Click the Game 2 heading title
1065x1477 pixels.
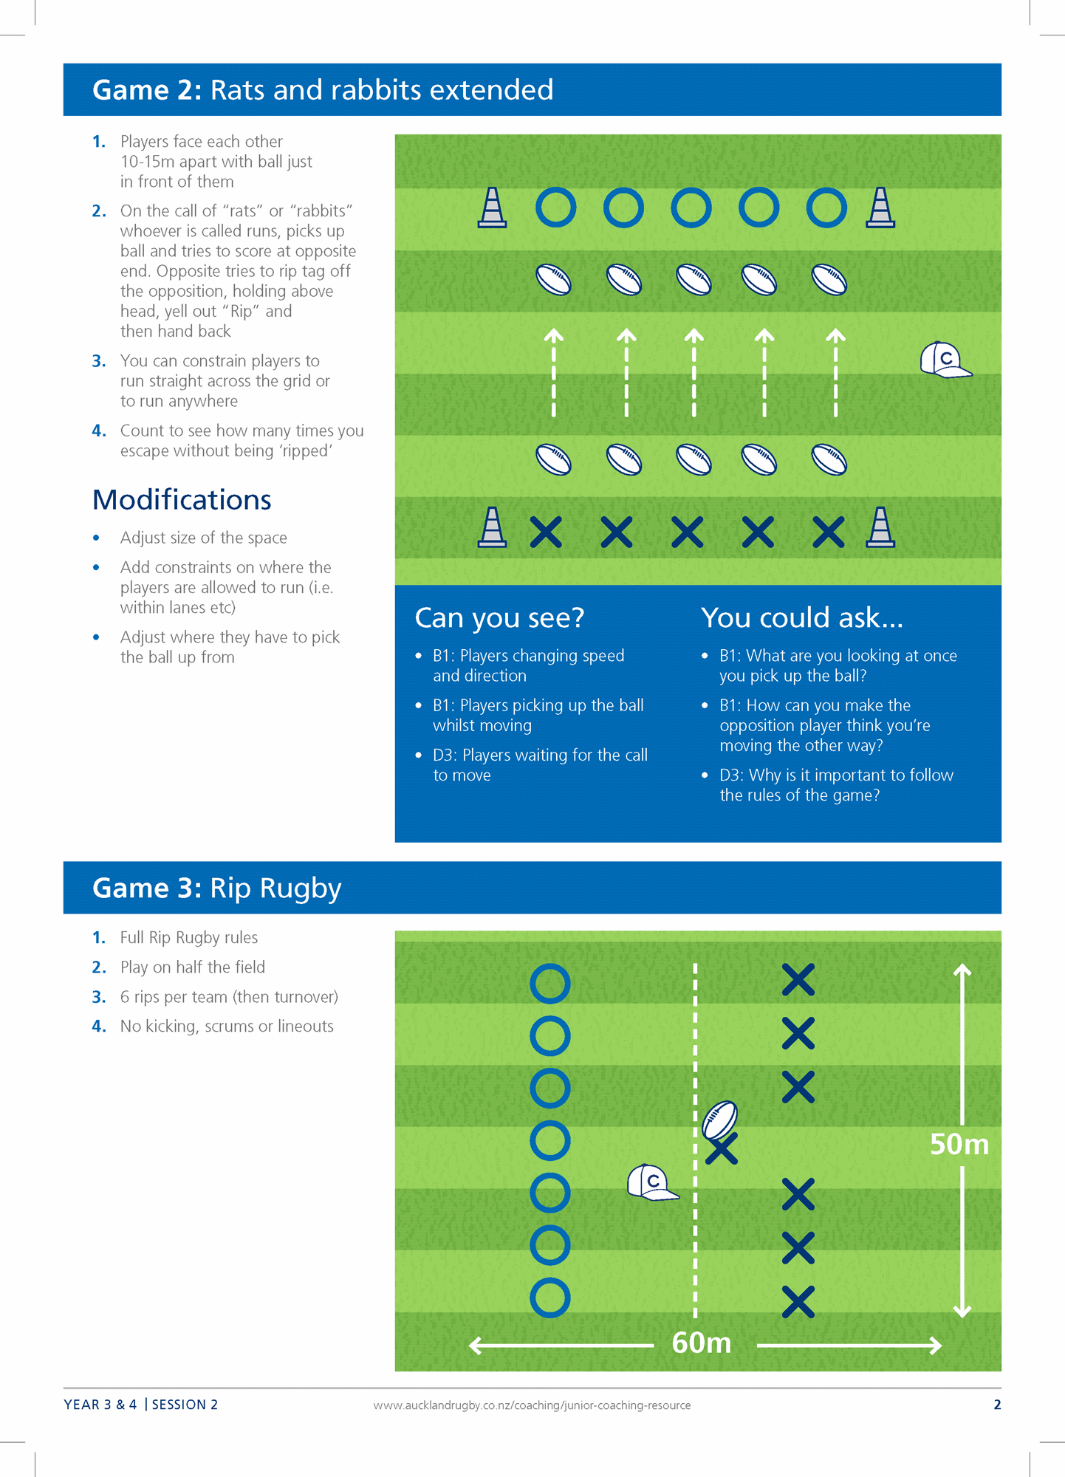tap(323, 90)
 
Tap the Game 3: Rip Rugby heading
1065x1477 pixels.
tap(216, 888)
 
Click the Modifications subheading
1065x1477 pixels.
tap(182, 500)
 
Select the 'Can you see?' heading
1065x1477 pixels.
tap(499, 617)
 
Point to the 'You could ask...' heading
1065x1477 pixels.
tap(801, 617)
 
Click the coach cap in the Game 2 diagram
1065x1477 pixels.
tap(944, 360)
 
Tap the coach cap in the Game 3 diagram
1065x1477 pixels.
tap(651, 1182)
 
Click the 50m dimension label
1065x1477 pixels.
tap(959, 1144)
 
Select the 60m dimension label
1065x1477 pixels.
tap(701, 1343)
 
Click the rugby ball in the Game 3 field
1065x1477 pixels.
tap(720, 1120)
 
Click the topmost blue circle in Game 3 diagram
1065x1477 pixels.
tap(550, 984)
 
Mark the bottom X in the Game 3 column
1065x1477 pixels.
tap(798, 1302)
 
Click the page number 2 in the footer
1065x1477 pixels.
tap(997, 1405)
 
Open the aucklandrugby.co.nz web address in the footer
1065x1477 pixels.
tap(532, 1405)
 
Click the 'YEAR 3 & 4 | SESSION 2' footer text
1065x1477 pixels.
tap(141, 1405)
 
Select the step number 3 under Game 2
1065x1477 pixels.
tap(99, 361)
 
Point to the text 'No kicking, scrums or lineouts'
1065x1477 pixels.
tap(227, 1026)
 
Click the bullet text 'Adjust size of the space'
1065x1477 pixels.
tap(203, 538)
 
